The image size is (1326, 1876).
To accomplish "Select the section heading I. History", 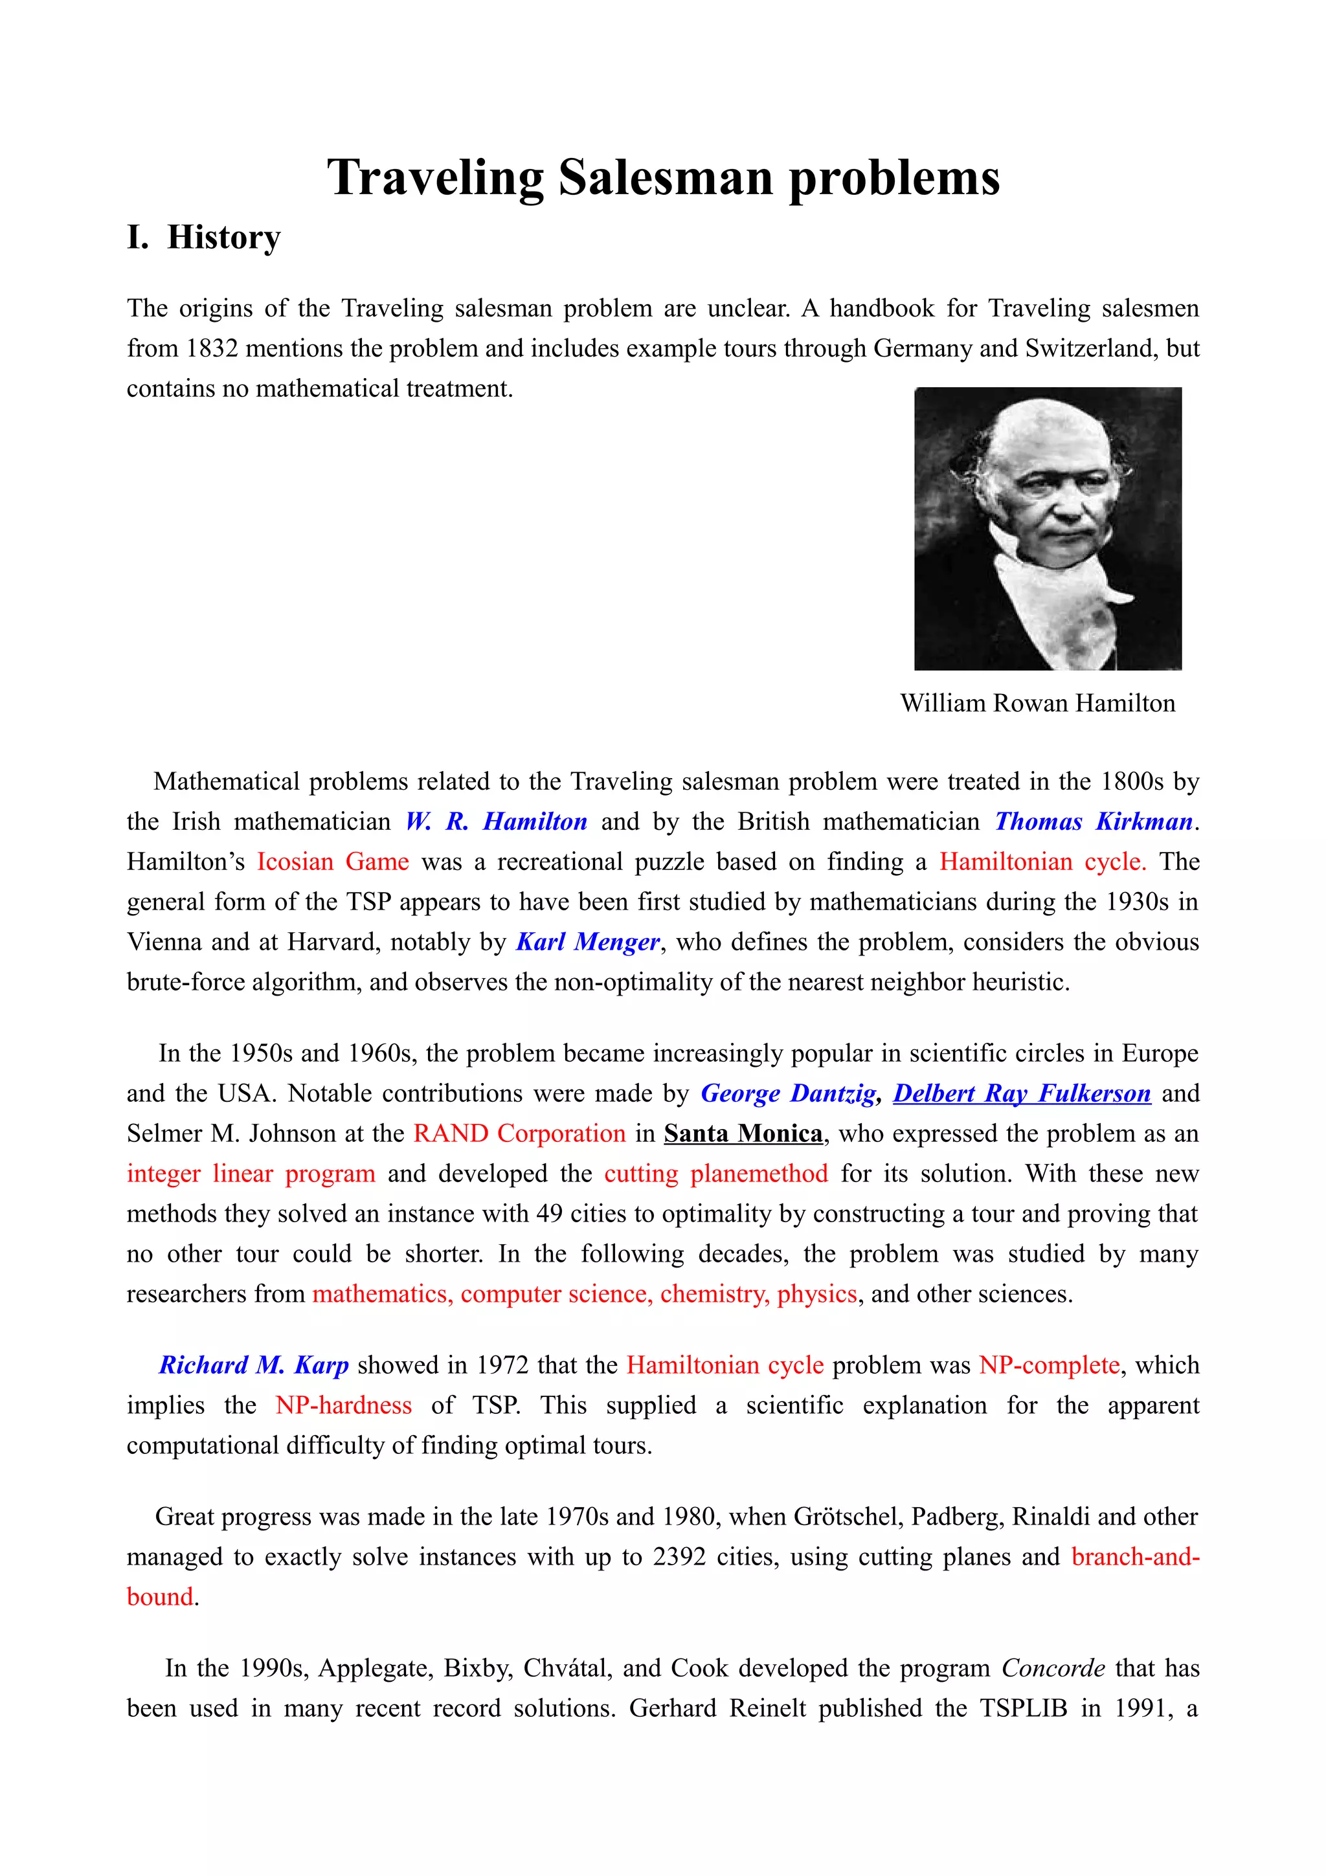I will [x=204, y=238].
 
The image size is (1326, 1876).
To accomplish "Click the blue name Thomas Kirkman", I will [x=1093, y=822].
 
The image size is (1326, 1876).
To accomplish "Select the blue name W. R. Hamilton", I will [x=496, y=822].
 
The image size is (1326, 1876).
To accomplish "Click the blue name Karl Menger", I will [x=587, y=942].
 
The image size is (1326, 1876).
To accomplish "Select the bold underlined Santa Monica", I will [x=743, y=1134].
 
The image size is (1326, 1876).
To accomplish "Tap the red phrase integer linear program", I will [x=251, y=1174].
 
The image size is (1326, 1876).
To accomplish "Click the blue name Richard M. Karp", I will [x=253, y=1365].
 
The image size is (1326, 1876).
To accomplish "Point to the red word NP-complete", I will [x=1049, y=1365].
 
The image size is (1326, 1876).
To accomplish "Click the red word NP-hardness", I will [x=343, y=1405].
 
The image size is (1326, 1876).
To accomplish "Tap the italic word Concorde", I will [x=1053, y=1668].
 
